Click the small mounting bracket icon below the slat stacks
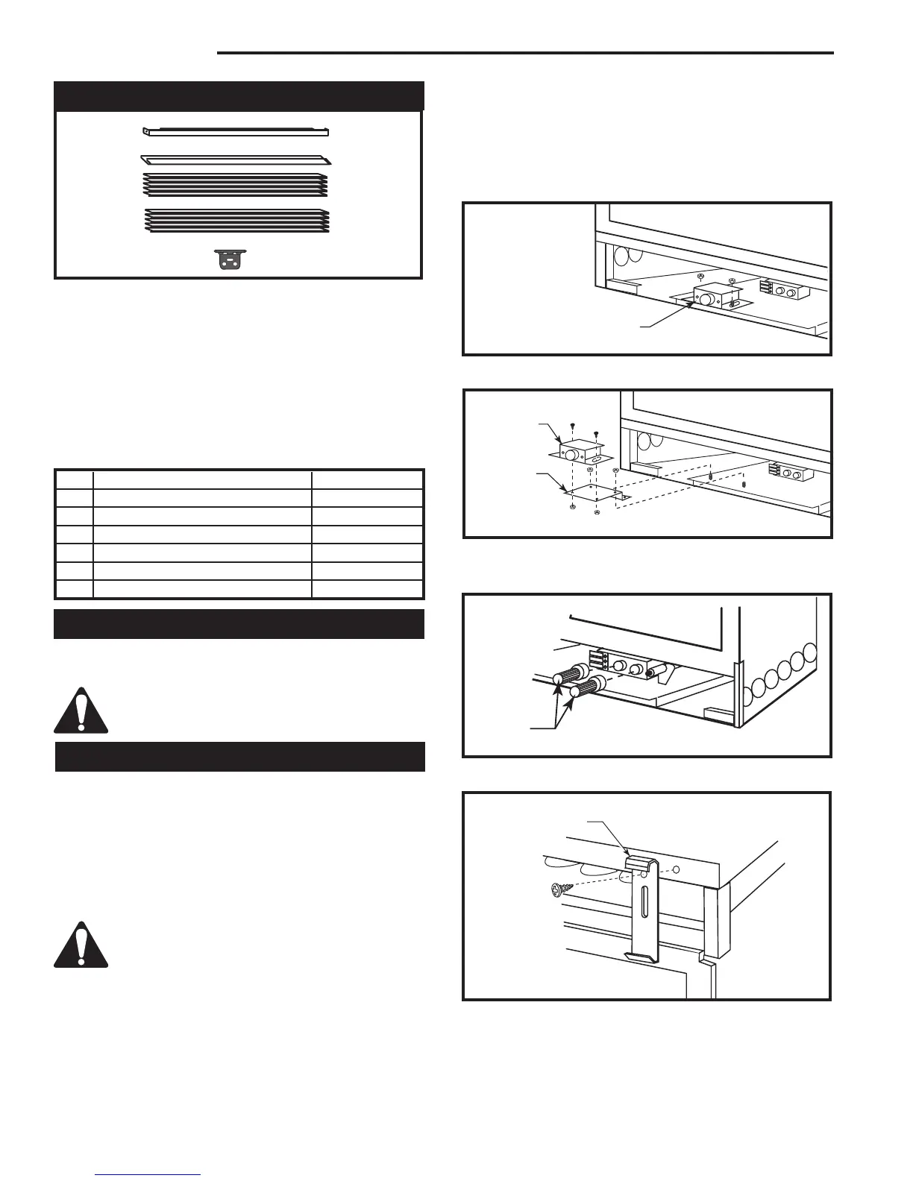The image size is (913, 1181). (x=230, y=260)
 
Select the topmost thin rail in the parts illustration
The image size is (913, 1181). (x=236, y=132)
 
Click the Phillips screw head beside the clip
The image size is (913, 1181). (x=562, y=890)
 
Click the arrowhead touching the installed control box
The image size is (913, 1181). (x=696, y=301)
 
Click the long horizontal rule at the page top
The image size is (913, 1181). (x=524, y=53)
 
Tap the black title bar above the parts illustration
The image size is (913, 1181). (x=239, y=96)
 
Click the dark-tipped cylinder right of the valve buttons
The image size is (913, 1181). (x=655, y=671)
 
